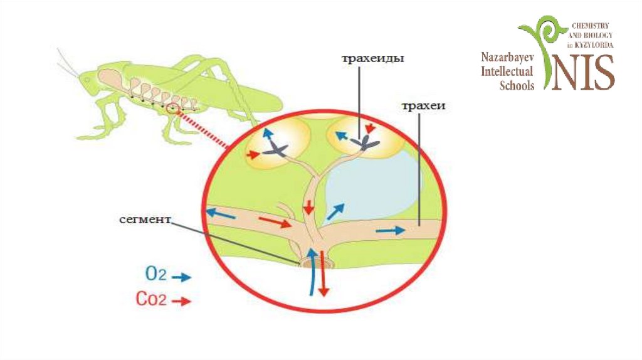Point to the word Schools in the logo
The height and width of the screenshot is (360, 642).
(x=517, y=86)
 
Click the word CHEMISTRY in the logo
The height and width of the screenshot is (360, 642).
(x=591, y=24)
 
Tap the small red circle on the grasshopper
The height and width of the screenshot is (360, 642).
(x=173, y=109)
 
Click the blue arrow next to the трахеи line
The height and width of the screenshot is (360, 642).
(x=390, y=230)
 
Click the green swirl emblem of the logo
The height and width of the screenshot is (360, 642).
(x=543, y=44)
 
